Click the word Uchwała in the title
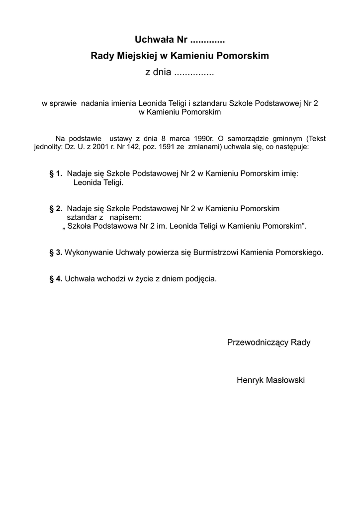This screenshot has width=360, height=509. (151, 39)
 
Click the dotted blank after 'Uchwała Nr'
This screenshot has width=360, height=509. (208, 39)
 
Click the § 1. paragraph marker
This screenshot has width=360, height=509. (56, 174)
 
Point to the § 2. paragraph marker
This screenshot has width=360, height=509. (56, 208)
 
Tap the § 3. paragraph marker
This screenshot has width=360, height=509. (56, 253)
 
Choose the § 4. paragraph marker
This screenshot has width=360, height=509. (56, 279)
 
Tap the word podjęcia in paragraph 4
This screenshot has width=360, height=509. (201, 279)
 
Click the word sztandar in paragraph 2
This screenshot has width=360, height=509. (82, 217)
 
